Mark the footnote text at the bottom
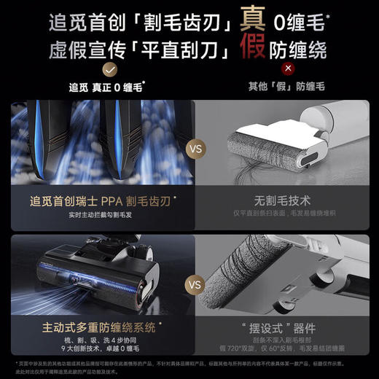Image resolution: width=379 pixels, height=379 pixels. (189, 366)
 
